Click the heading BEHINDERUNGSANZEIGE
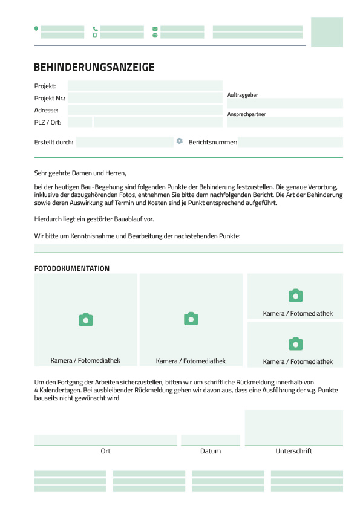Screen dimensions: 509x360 click(x=94, y=67)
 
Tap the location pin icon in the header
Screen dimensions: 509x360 click(x=36, y=28)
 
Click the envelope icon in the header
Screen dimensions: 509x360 click(x=155, y=28)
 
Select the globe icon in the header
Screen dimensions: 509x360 click(x=155, y=35)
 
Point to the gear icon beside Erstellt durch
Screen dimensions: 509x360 click(x=180, y=141)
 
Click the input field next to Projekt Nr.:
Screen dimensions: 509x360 click(x=145, y=98)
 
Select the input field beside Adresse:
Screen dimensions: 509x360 click(x=145, y=110)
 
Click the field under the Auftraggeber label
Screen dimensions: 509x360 click(x=285, y=103)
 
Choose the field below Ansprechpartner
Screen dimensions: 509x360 click(x=285, y=122)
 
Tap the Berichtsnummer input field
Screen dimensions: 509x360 click(x=290, y=142)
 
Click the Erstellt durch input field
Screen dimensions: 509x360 click(x=125, y=142)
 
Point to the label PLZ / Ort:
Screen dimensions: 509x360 click(x=48, y=122)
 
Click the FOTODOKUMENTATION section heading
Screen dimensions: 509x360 click(x=72, y=268)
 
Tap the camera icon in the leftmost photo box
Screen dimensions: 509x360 click(x=86, y=320)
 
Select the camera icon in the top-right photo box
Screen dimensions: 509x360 click(x=295, y=296)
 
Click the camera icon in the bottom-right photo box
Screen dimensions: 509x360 click(x=295, y=344)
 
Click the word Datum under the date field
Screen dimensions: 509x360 click(x=211, y=451)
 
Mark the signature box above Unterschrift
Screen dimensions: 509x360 click(x=293, y=427)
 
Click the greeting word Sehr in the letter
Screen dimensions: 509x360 click(x=41, y=173)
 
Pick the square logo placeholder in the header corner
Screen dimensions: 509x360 click(x=327, y=32)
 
